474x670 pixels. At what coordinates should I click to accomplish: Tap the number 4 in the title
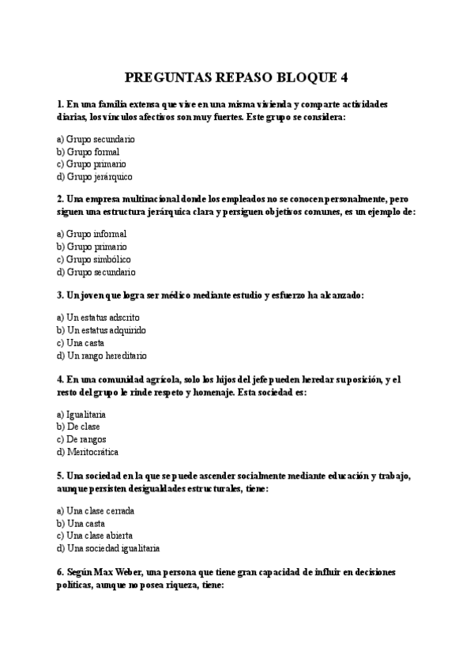344,77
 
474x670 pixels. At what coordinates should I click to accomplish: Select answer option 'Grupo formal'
92,151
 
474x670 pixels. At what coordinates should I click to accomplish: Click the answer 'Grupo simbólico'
98,259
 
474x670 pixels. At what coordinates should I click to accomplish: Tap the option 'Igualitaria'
86,413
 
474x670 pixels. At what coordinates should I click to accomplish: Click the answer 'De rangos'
86,439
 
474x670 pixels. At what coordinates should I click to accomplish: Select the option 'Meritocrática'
92,452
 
